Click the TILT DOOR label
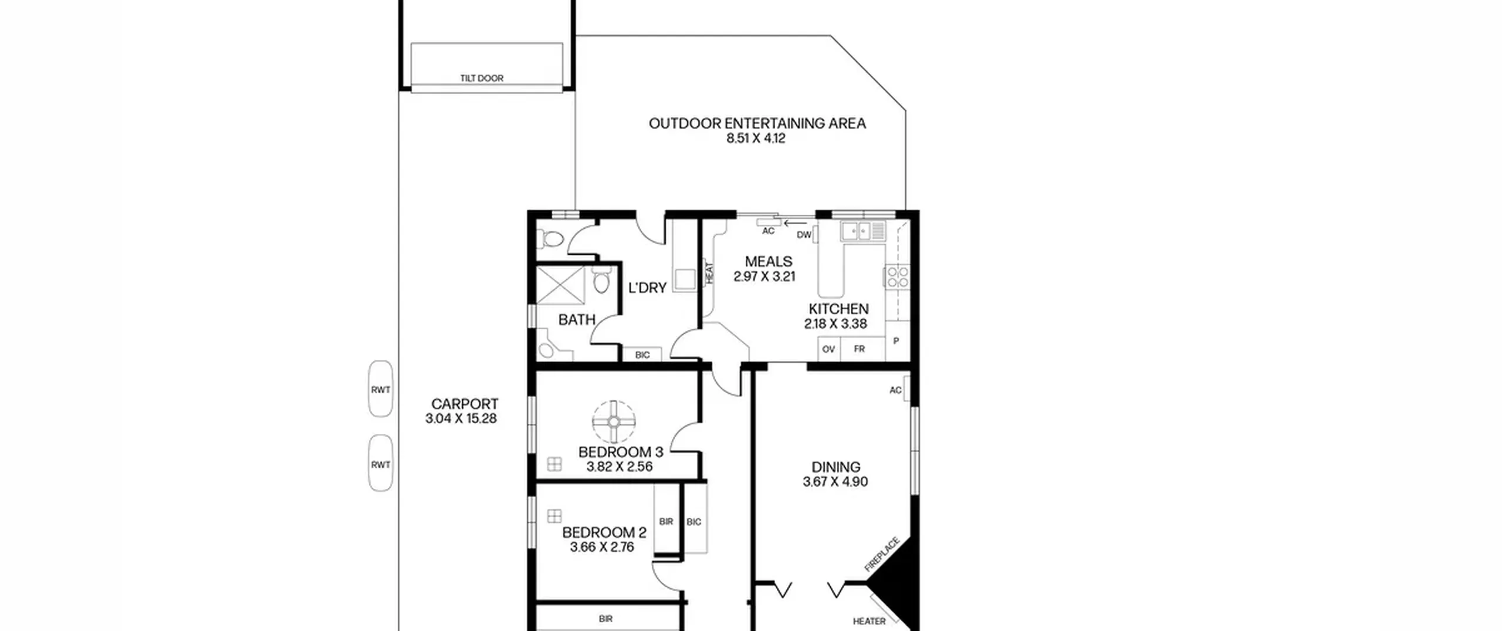[x=482, y=78]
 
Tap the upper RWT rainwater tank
[x=380, y=389]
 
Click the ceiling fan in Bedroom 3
[x=614, y=421]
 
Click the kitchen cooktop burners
[x=897, y=276]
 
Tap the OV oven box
[x=828, y=349]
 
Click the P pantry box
[x=897, y=341]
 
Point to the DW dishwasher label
[x=804, y=235]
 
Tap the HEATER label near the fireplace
[x=869, y=621]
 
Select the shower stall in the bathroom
[x=561, y=285]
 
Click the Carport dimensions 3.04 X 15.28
[x=461, y=419]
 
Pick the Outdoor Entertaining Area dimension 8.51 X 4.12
[x=756, y=139]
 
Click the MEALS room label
[x=769, y=261]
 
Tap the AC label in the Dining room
[x=895, y=390]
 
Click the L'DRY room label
[x=647, y=288]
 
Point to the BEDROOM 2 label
[x=604, y=532]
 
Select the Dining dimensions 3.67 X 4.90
[x=835, y=482]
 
